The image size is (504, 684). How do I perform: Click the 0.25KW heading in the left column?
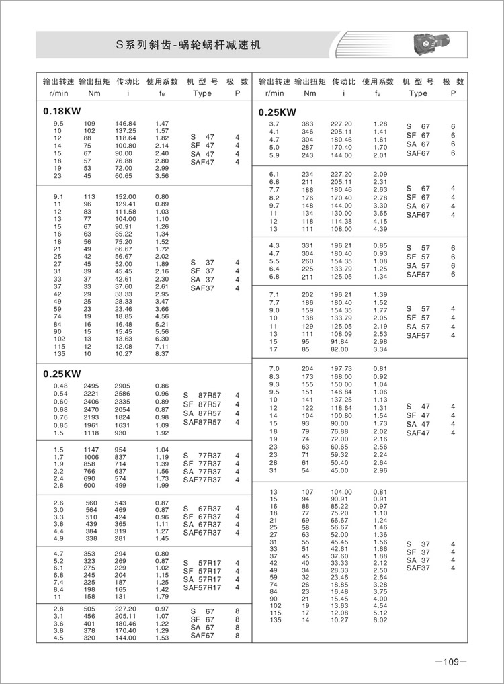62,374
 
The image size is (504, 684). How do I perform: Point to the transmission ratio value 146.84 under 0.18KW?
126,124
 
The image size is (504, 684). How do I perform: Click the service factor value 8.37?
161,353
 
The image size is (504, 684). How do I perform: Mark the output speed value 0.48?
59,386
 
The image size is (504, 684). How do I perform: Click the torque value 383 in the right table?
308,124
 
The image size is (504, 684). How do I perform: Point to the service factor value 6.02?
380,621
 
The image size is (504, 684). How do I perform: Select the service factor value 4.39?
380,229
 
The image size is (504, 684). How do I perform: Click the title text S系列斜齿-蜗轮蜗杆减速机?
189,46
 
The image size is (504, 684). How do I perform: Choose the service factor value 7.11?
161,346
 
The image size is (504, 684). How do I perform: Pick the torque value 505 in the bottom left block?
91,609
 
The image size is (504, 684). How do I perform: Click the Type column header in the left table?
202,93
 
